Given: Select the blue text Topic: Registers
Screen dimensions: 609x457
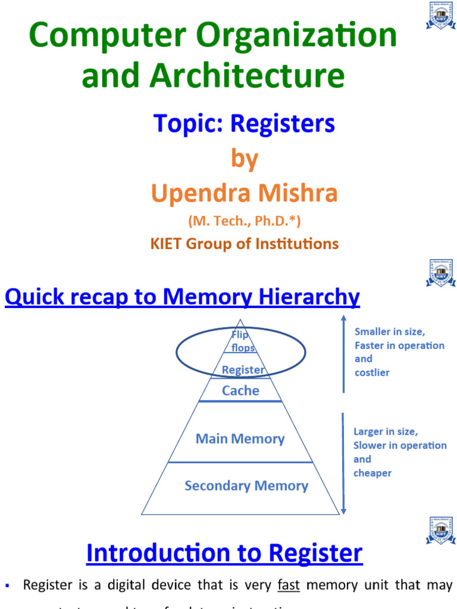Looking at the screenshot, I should click(x=245, y=124).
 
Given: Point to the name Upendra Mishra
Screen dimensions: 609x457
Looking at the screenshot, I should click(x=245, y=193).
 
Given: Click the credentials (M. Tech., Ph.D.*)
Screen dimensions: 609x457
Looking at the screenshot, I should click(x=245, y=221).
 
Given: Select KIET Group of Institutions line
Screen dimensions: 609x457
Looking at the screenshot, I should click(x=245, y=243).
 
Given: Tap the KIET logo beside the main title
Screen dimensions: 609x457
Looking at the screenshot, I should click(x=440, y=16).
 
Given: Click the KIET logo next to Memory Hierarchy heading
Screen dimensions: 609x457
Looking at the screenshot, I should click(x=440, y=274).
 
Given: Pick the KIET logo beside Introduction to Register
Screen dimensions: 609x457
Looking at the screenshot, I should click(x=440, y=531).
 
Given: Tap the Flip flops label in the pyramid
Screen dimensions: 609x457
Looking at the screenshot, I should click(x=241, y=341).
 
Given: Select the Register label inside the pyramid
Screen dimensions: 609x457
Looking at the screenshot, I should click(x=243, y=370).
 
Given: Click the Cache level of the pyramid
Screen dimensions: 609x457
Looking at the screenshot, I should click(x=240, y=391).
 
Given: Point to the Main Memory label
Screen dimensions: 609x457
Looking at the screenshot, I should click(x=240, y=439).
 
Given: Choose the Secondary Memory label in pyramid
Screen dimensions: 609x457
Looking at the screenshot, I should click(x=246, y=486).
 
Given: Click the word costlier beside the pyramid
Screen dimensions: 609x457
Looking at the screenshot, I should click(x=372, y=372).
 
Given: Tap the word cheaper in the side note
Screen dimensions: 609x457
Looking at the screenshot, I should click(x=373, y=473).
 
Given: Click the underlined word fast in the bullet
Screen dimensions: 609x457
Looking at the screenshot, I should click(x=289, y=585).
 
